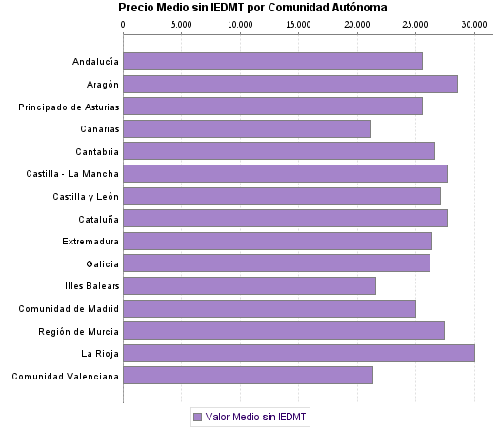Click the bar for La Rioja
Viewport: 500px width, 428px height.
click(299, 354)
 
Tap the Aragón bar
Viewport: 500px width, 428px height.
click(290, 84)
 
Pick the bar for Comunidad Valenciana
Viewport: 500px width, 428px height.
click(248, 376)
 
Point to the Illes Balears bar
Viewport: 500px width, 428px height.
click(250, 285)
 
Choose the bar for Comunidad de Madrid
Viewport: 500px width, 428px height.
click(270, 308)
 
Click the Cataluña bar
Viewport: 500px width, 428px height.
click(285, 219)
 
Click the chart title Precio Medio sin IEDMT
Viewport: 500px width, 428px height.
click(253, 8)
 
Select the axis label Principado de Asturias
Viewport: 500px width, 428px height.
click(69, 107)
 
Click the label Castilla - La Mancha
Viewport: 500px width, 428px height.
click(72, 174)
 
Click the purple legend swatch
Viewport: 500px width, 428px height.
click(197, 417)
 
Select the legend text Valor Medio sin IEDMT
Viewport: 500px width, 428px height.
click(256, 417)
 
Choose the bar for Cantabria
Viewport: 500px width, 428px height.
click(279, 151)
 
